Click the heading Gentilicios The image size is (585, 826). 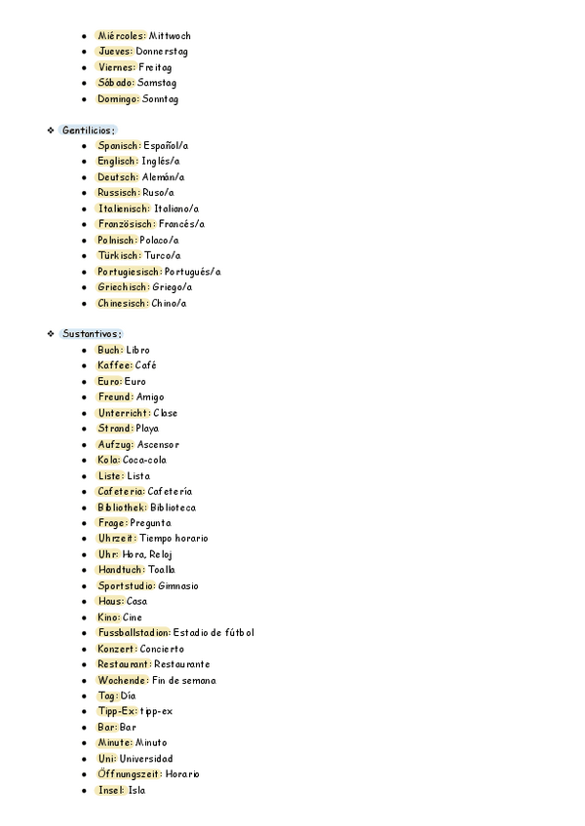(x=88, y=130)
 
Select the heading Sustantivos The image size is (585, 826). (x=92, y=334)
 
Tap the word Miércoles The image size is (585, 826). (x=121, y=35)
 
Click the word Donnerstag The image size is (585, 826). (x=162, y=51)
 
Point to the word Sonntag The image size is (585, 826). (x=160, y=98)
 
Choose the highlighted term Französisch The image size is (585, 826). (x=127, y=224)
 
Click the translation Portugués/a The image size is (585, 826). (x=193, y=272)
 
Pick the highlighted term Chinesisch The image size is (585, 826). (x=123, y=303)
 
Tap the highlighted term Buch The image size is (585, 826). (x=110, y=350)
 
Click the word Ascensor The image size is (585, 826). (x=158, y=444)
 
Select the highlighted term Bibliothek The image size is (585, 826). (x=122, y=507)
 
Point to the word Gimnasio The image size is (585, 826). (x=177, y=586)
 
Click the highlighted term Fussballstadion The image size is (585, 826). (x=134, y=633)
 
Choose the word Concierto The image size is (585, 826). (x=162, y=649)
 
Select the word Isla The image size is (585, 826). (x=136, y=790)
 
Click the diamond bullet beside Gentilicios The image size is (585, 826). (x=50, y=130)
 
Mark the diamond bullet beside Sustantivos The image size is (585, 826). (x=50, y=334)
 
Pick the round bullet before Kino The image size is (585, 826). (x=86, y=618)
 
